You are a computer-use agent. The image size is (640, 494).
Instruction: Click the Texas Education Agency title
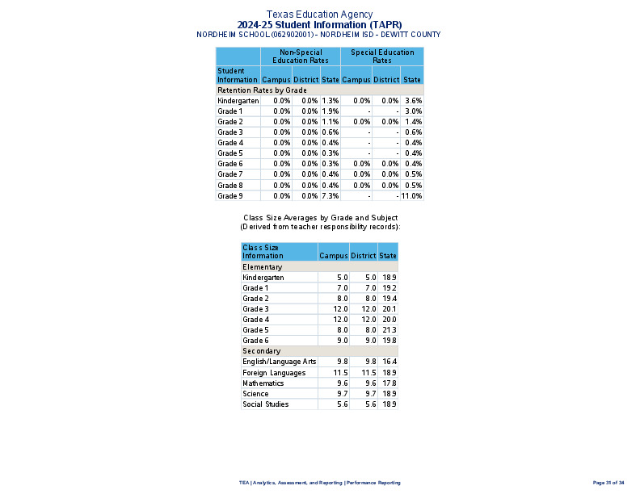tap(319, 15)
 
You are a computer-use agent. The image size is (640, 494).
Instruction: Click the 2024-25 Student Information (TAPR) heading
tap(319, 25)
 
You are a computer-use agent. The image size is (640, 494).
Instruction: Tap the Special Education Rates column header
tap(382, 57)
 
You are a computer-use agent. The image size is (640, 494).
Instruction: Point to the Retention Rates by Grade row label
tap(251, 90)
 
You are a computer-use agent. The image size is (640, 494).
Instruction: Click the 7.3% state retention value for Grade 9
tap(330, 195)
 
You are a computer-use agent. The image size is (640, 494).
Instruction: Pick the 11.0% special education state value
tap(412, 195)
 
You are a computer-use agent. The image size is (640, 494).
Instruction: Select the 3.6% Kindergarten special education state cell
tap(414, 101)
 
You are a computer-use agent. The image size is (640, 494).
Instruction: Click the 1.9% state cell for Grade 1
tap(330, 111)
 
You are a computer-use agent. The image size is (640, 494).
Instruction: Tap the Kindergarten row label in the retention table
tap(238, 101)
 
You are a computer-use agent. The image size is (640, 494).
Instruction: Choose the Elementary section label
tap(263, 267)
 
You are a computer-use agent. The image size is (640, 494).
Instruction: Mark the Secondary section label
tap(262, 351)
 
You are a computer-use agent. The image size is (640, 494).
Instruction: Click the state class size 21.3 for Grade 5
tap(389, 330)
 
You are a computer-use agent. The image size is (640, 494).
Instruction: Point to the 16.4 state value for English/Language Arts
tap(389, 362)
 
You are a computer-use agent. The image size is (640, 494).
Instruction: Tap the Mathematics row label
tap(263, 383)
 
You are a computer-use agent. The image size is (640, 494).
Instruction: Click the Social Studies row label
tap(266, 404)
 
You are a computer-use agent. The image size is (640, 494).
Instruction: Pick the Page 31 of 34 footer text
tap(608, 483)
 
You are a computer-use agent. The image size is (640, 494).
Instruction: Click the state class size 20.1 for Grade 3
tap(389, 309)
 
